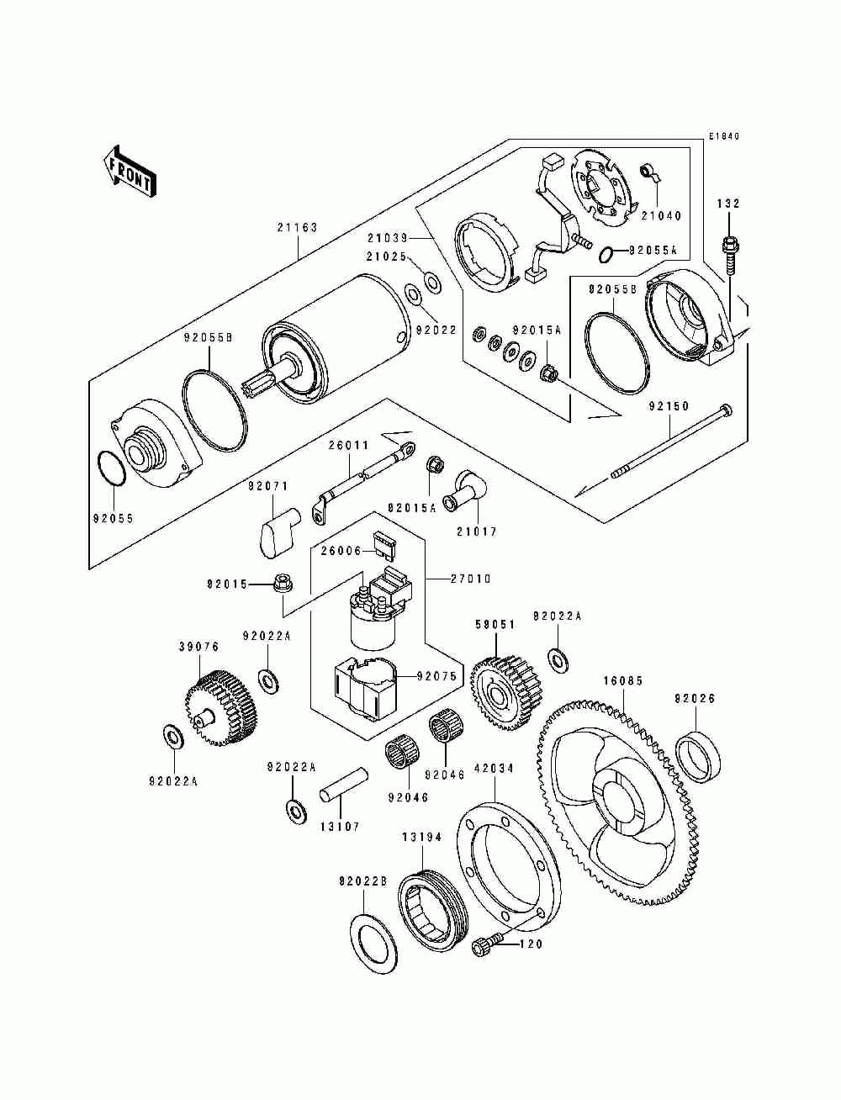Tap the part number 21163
click(298, 228)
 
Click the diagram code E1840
click(724, 135)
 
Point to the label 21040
click(662, 216)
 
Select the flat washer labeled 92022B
click(375, 945)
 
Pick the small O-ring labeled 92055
click(111, 468)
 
